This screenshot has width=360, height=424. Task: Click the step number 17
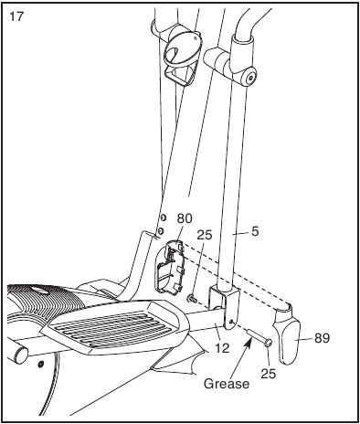pos(16,16)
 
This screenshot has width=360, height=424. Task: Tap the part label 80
pos(185,218)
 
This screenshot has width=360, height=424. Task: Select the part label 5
pos(255,231)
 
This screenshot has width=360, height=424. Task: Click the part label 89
pos(322,338)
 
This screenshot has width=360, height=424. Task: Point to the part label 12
pos(222,347)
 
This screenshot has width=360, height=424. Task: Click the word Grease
pos(227,383)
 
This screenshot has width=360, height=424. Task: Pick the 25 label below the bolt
pos(268,373)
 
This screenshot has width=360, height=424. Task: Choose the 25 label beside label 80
pos(205,235)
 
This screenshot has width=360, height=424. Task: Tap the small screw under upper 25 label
pos(192,298)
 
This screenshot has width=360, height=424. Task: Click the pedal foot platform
pos(116,327)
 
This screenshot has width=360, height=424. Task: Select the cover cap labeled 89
pos(287,335)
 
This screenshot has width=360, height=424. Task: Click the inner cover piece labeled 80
pos(169,266)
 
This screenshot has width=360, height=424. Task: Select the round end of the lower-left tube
pos(21,354)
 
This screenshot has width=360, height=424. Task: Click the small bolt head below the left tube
pos(40,364)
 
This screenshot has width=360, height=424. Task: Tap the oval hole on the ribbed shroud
pos(39,291)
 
